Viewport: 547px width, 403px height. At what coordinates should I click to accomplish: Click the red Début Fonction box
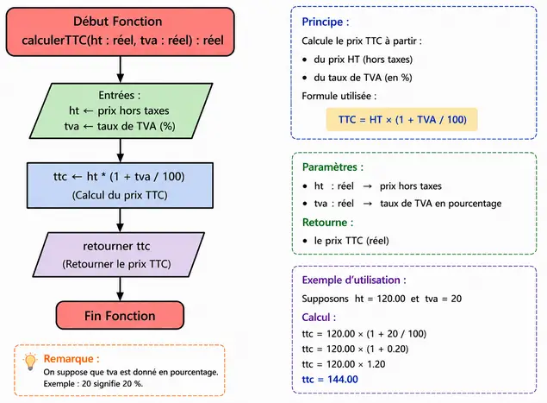(121, 32)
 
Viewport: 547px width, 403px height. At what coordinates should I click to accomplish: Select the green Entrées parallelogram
(121, 110)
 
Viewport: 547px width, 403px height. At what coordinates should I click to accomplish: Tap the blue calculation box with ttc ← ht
(120, 186)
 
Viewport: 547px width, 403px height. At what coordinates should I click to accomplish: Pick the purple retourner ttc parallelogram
(119, 255)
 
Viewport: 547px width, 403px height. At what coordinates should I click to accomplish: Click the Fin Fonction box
(120, 315)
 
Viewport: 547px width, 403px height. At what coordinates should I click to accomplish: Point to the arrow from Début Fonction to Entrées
(121, 70)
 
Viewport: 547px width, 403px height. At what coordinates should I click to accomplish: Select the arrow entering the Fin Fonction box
(121, 289)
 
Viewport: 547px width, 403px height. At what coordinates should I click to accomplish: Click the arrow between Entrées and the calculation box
(121, 151)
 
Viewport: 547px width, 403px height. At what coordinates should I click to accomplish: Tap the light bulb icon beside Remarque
(30, 362)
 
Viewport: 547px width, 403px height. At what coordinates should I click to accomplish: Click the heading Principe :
(325, 22)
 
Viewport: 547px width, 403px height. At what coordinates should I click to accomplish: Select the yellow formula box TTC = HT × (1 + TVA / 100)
(402, 120)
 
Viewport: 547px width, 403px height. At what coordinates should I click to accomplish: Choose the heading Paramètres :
(333, 167)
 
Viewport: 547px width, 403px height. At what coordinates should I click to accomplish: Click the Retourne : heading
(327, 223)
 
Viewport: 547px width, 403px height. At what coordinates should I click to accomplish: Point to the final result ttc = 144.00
(330, 379)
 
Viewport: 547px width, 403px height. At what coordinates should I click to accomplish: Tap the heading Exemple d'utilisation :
(354, 280)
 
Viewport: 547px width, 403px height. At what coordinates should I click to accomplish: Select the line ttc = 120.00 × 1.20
(344, 364)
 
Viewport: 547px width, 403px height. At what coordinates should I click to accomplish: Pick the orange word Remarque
(68, 359)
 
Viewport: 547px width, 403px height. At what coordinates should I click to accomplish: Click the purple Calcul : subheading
(319, 318)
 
